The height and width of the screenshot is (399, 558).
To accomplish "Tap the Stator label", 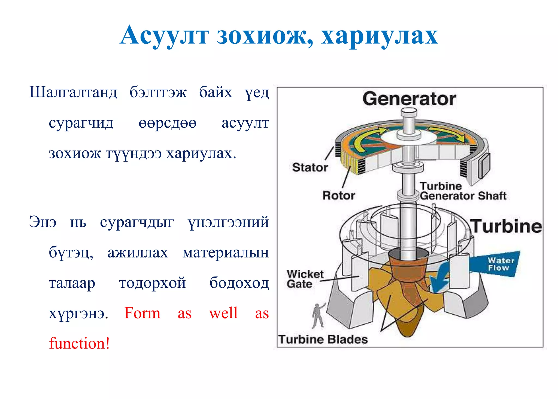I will click(x=310, y=167).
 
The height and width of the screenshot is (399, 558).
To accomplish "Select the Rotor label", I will click(x=338, y=196).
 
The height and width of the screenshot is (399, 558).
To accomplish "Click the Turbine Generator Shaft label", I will click(x=463, y=191).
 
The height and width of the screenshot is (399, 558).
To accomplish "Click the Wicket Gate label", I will click(x=305, y=279).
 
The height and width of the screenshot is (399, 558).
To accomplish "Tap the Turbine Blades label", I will click(x=323, y=340).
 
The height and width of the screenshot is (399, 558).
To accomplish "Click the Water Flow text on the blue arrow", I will click(x=501, y=264).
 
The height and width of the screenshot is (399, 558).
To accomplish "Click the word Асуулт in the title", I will click(x=164, y=35).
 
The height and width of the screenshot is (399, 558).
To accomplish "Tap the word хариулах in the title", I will click(x=379, y=35).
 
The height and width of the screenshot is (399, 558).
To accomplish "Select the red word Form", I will click(x=142, y=313).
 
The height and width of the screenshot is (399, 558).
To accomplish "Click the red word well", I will click(x=223, y=313).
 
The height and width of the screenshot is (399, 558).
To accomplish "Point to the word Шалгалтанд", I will click(x=73, y=92).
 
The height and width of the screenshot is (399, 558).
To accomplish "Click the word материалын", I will click(x=226, y=253).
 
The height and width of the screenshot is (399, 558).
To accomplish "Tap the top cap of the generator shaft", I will click(x=409, y=112).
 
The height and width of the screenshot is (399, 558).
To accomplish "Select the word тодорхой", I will click(x=152, y=283).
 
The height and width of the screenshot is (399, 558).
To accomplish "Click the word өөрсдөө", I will click(x=167, y=123).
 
